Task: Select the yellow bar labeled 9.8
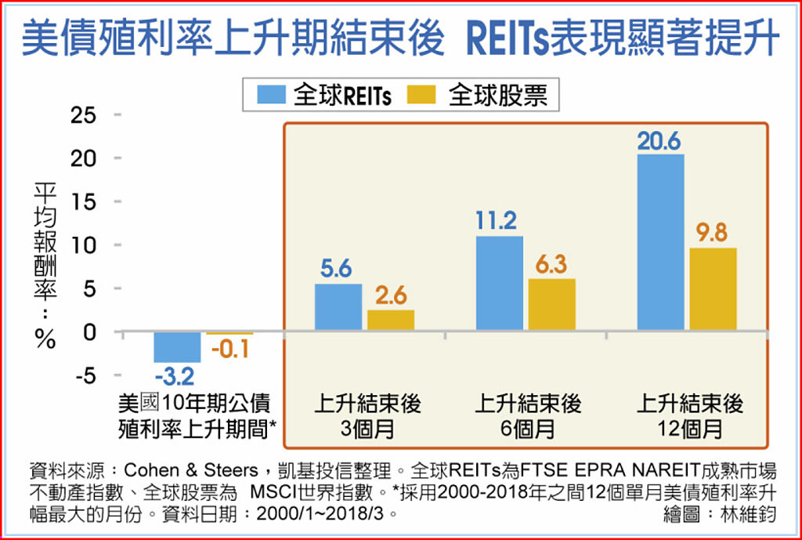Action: (x=713, y=288)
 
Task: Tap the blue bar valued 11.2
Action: (x=499, y=283)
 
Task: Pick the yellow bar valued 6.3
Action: (x=551, y=304)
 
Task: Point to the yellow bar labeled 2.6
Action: (x=390, y=320)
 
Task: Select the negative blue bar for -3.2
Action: (x=177, y=346)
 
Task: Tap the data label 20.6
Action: (x=659, y=141)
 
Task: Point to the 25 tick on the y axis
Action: (x=84, y=115)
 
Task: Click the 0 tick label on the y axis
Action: (x=90, y=332)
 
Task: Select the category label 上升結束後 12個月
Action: (x=689, y=416)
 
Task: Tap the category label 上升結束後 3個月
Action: (x=367, y=416)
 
